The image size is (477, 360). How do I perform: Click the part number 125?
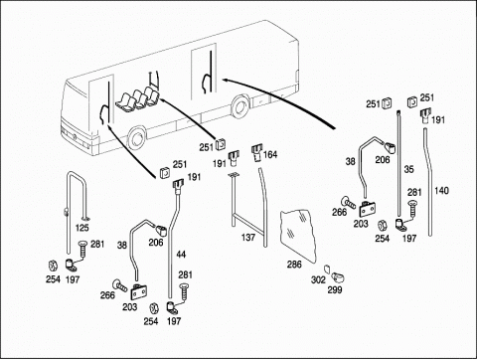[x=82, y=228]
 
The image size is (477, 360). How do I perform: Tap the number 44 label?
[x=181, y=255]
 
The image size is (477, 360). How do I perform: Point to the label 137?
[x=248, y=238]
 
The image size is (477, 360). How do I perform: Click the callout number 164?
[x=270, y=154]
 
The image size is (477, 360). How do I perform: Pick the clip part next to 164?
[x=256, y=152]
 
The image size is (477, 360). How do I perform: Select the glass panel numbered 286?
[x=297, y=236]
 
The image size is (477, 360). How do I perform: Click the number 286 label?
[x=294, y=265]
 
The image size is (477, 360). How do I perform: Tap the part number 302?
[x=318, y=280]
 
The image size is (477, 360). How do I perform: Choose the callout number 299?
[x=335, y=290]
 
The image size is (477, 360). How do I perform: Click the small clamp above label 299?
[x=338, y=276]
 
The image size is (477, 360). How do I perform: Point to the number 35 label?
[x=408, y=169]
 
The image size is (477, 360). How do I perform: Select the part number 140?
[x=441, y=191]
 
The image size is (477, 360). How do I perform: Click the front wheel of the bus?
[x=136, y=139]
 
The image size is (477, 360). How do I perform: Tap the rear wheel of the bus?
[x=240, y=106]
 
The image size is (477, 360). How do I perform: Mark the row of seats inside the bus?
[x=137, y=98]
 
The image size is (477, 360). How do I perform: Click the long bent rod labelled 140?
[x=429, y=182]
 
